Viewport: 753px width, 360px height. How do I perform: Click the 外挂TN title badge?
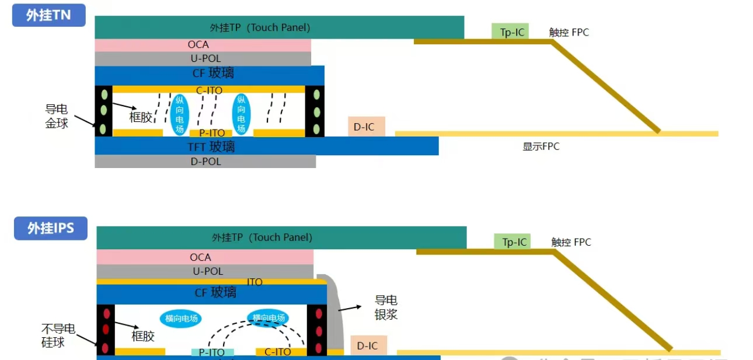[x=48, y=15]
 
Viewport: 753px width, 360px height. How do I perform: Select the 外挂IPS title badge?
[x=51, y=228]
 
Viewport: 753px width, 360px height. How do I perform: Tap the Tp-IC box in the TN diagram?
[x=510, y=32]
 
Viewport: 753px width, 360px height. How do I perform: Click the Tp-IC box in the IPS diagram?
[x=513, y=242]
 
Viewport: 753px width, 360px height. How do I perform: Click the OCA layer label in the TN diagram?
[x=198, y=45]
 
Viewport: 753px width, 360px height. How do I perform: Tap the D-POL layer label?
[x=206, y=162]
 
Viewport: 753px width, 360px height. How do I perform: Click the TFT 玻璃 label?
[x=211, y=146]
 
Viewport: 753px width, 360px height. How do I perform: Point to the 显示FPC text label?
[x=541, y=146]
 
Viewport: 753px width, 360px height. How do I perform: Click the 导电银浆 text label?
[x=386, y=307]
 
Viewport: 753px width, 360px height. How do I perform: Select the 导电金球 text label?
[x=57, y=116]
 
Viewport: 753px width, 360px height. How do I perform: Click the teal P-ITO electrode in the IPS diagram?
[x=212, y=352]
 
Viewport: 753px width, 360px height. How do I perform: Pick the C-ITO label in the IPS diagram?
[x=278, y=352]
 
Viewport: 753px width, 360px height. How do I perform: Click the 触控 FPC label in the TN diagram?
[x=569, y=33]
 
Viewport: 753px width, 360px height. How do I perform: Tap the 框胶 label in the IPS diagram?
[x=143, y=335]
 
